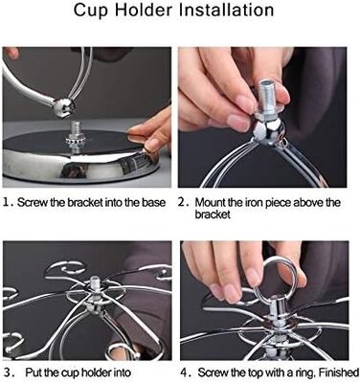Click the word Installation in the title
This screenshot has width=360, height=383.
[x=226, y=10]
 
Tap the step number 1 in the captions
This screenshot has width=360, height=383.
[x=8, y=202]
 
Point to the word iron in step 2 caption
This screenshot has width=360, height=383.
[x=252, y=202]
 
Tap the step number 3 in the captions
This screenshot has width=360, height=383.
[x=9, y=372]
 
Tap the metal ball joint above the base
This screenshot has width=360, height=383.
[x=63, y=107]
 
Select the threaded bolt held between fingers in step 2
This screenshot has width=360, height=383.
[x=268, y=97]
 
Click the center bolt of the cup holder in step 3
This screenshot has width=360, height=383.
[x=95, y=285]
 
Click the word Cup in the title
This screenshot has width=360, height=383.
[x=92, y=11]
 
